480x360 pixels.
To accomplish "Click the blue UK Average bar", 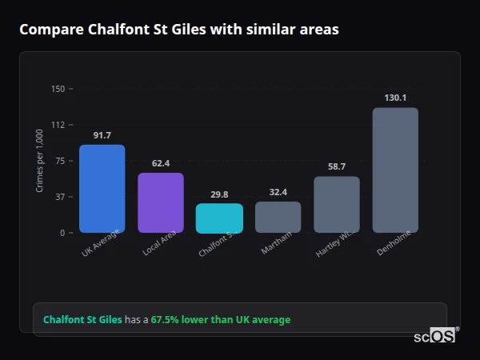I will pyautogui.click(x=102, y=189).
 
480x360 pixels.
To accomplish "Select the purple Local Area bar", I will pyautogui.click(x=161, y=202).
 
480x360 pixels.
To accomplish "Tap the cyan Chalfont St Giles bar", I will pyautogui.click(x=219, y=218).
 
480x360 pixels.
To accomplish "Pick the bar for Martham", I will pyautogui.click(x=278, y=217).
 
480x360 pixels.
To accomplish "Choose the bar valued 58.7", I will pyautogui.click(x=337, y=204).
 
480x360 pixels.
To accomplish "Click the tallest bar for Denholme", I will pyautogui.click(x=395, y=170).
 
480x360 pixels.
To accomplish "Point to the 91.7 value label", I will pyautogui.click(x=102, y=135).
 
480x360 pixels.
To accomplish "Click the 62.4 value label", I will pyautogui.click(x=161, y=163).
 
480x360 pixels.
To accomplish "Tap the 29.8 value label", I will pyautogui.click(x=219, y=194).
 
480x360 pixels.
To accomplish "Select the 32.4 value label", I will pyautogui.click(x=278, y=192).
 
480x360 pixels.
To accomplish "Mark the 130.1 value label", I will pyautogui.click(x=395, y=98).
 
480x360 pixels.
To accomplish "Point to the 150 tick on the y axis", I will pyautogui.click(x=58, y=89).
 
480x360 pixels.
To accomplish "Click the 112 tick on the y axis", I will pyautogui.click(x=58, y=125).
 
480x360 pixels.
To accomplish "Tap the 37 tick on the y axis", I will pyautogui.click(x=59, y=197).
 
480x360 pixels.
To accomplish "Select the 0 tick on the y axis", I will pyautogui.click(x=62, y=233).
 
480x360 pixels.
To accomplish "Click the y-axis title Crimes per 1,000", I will pyautogui.click(x=40, y=161).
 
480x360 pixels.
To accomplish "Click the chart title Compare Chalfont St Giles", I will pyautogui.click(x=179, y=30).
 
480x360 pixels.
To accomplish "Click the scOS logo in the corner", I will pyautogui.click(x=434, y=336).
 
